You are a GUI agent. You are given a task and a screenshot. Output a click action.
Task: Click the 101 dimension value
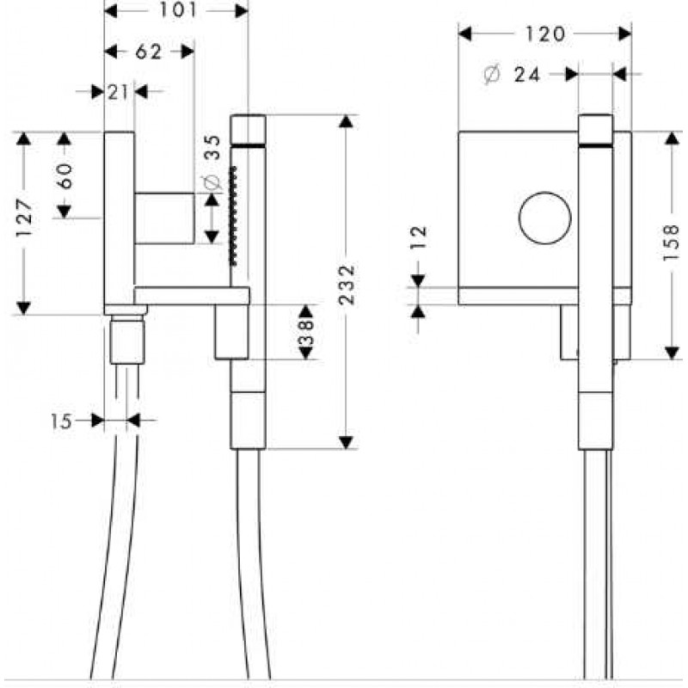coord(178,10)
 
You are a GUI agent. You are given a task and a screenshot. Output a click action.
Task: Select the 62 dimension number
coord(149,52)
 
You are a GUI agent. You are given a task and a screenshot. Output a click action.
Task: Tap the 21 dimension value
coord(118,92)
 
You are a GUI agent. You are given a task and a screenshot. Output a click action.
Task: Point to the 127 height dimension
coord(25,218)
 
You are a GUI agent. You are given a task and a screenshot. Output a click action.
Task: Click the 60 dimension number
coord(64,176)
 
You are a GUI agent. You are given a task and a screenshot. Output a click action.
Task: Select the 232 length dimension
coord(347,285)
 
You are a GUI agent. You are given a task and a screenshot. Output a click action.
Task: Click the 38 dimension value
coord(306,331)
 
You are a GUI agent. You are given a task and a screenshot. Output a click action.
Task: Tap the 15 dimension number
coord(60,421)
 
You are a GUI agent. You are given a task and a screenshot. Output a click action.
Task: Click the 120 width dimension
coord(545,34)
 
